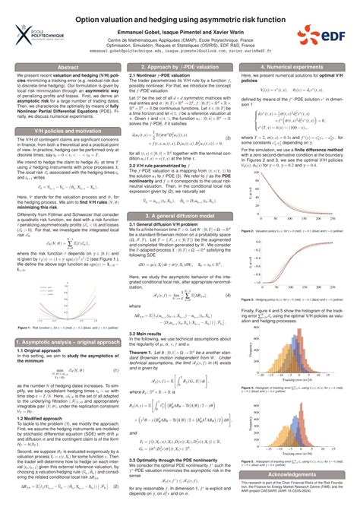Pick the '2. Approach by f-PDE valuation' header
click(180, 67)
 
